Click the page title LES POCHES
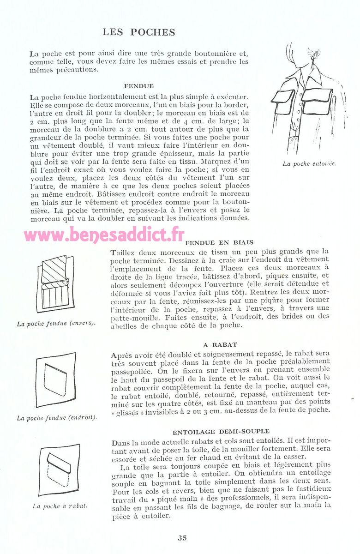(139, 32)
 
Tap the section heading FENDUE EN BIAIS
(219, 242)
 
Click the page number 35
(182, 538)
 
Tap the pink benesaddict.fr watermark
(104, 235)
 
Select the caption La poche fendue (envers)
(57, 324)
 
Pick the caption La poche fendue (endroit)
(57, 418)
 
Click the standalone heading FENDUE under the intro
(139, 86)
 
